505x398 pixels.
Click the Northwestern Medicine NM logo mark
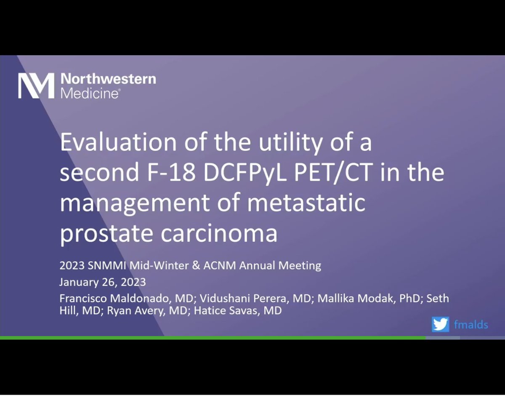click(x=36, y=85)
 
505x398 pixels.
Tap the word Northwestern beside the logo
click(x=108, y=79)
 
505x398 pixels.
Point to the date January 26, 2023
click(x=103, y=281)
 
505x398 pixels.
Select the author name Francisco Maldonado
click(x=117, y=299)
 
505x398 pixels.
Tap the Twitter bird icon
click(x=440, y=324)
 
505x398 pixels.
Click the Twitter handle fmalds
click(x=470, y=325)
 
